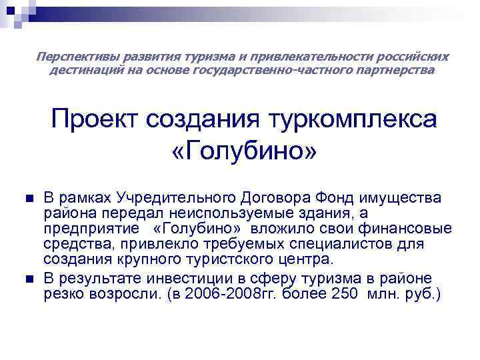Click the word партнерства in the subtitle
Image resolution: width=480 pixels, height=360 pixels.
[x=399, y=69]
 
